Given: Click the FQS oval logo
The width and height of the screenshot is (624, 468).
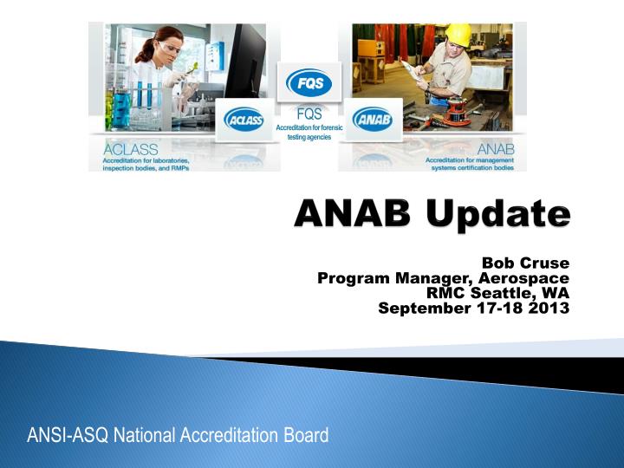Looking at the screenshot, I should coord(309,83).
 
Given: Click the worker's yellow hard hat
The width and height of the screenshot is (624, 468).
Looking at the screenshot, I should coord(457,34).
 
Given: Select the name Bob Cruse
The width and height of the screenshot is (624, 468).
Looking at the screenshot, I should coord(525,263).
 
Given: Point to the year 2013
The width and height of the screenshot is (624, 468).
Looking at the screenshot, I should coord(551,308).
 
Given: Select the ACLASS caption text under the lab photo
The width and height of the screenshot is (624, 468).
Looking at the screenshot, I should coord(130,150).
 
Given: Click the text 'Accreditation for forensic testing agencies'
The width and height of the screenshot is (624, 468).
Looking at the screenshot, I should coord(309,133).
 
